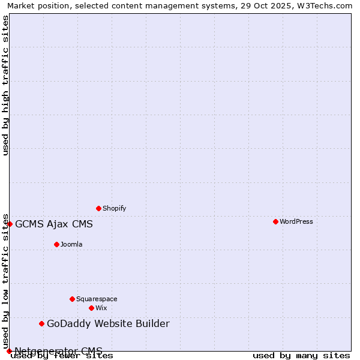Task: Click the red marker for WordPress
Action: tap(275, 221)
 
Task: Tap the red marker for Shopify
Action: tap(98, 208)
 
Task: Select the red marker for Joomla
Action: tap(56, 244)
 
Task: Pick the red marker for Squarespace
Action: tap(72, 299)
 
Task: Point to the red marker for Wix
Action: tap(91, 308)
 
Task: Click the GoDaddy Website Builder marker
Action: tap(41, 323)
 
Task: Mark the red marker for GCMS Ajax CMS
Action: tap(10, 224)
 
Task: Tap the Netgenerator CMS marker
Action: tap(9, 351)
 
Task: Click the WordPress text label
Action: tap(296, 221)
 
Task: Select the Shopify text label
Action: tap(114, 208)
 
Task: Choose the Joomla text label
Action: tap(71, 244)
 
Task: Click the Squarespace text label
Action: tap(97, 299)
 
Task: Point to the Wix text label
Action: tap(101, 308)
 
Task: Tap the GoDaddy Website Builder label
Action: tap(108, 324)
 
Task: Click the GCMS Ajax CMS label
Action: tap(54, 224)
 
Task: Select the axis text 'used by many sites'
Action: tap(301, 355)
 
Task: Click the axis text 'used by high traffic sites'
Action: tap(5, 85)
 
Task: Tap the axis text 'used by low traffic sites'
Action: tap(5, 281)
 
